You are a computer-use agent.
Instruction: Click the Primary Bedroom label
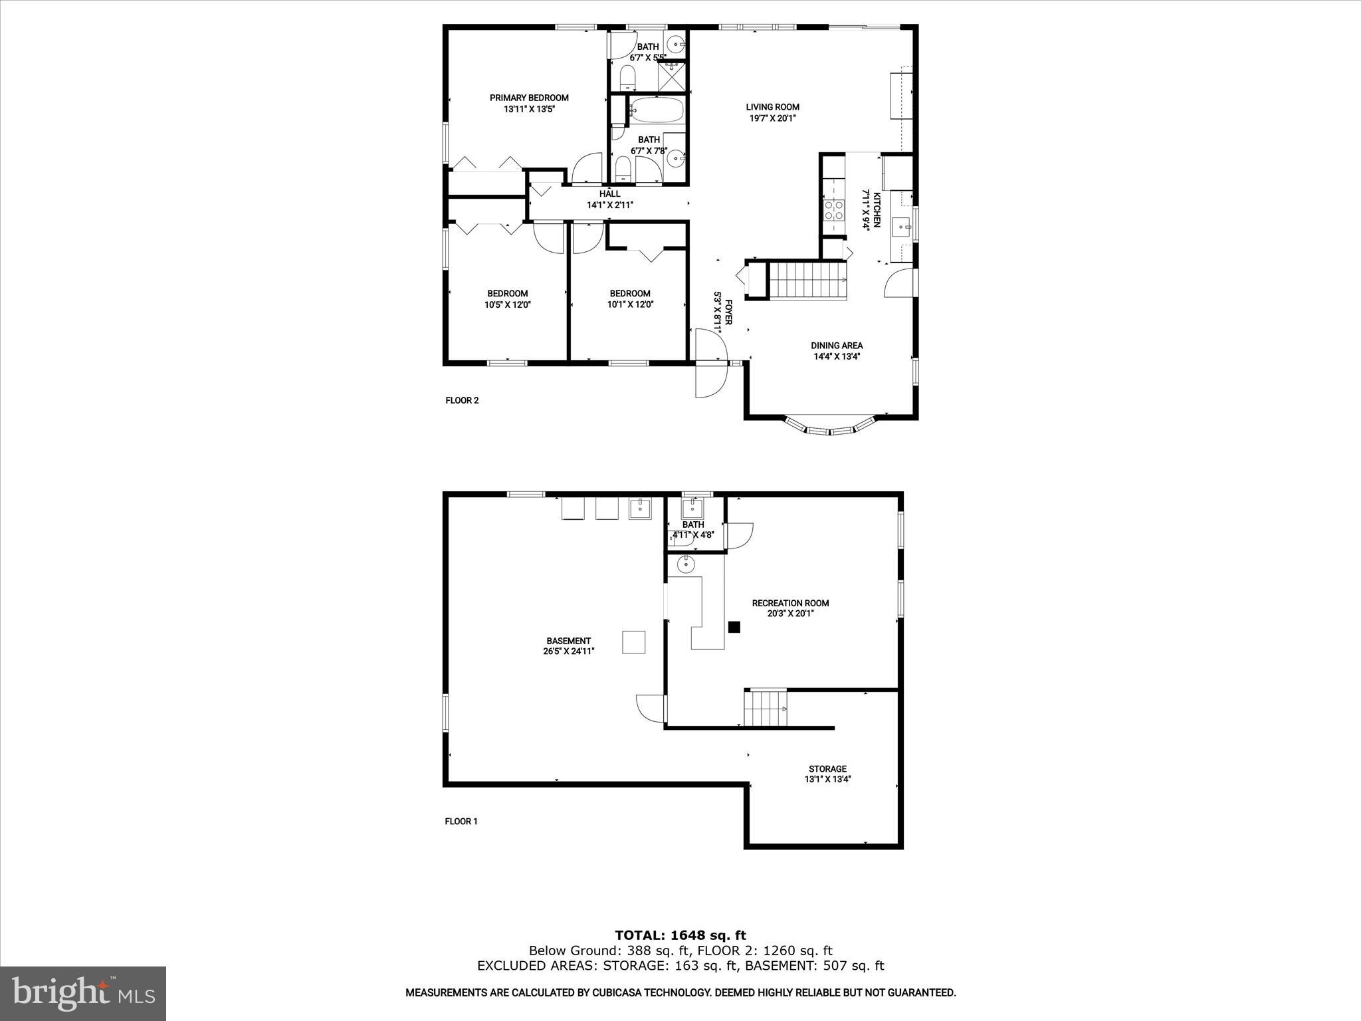529,98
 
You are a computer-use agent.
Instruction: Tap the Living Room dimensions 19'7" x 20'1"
772,118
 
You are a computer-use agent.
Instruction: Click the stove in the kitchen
833,210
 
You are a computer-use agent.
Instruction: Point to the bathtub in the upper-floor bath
656,110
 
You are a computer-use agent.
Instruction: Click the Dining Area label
836,345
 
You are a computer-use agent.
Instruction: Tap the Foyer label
728,312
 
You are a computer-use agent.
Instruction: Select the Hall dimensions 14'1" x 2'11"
609,205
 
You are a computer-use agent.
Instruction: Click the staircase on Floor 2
808,281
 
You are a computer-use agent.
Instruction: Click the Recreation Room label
790,603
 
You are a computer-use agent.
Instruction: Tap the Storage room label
827,768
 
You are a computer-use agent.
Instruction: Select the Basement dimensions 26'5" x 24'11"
568,651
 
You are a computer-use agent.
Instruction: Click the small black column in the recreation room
734,627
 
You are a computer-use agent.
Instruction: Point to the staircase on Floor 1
765,709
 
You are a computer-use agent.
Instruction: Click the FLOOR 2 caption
462,400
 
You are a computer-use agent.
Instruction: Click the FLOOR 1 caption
461,821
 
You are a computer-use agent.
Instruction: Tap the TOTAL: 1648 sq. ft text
680,935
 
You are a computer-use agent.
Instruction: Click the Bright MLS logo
83,993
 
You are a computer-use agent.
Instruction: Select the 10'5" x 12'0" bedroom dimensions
507,305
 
